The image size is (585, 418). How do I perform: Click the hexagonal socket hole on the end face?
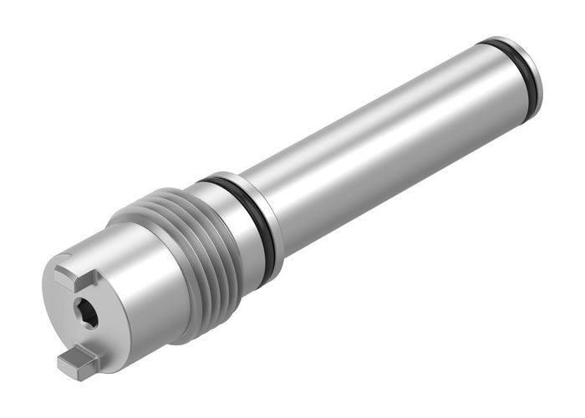[86, 313]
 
